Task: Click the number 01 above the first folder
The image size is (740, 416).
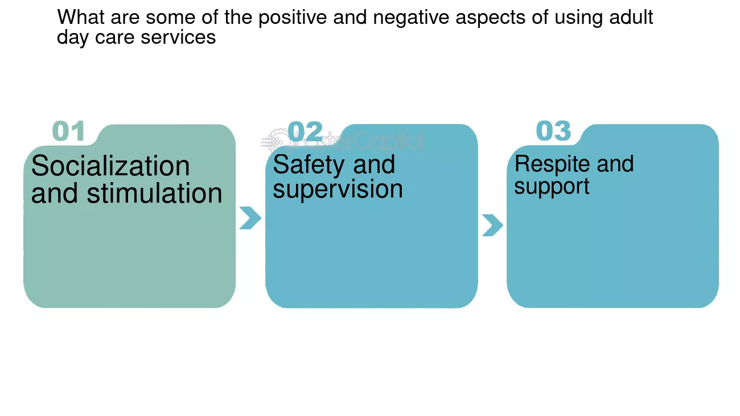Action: pos(69,131)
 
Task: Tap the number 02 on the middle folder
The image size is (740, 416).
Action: pos(305,131)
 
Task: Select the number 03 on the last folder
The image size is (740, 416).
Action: pos(553,131)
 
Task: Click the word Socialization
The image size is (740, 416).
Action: pos(110,166)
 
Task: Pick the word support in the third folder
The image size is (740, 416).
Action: pos(552,187)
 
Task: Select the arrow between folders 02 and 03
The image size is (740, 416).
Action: pos(493,225)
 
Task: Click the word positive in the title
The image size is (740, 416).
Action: pos(293,18)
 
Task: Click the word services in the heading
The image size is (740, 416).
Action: pos(178,38)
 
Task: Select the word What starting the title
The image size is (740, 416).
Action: pos(81,17)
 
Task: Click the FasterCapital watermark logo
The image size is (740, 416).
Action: pos(342,141)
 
